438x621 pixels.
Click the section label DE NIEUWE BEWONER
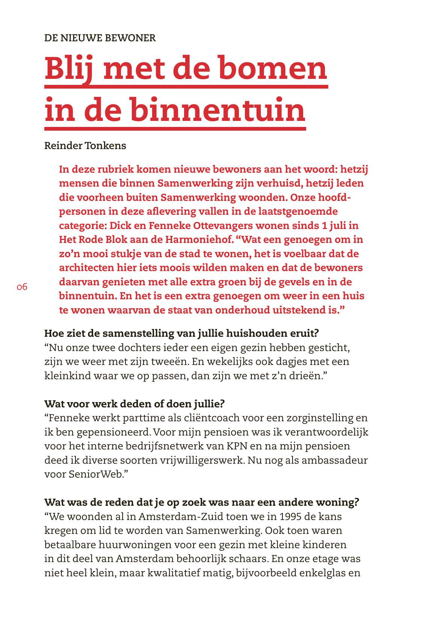(x=100, y=38)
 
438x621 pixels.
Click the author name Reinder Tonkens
(x=85, y=146)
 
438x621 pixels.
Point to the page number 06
(x=22, y=287)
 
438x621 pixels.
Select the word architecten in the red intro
(x=86, y=268)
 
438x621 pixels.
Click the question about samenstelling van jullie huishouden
(x=181, y=333)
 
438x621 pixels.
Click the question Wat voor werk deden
(x=134, y=404)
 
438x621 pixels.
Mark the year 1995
(x=290, y=517)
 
